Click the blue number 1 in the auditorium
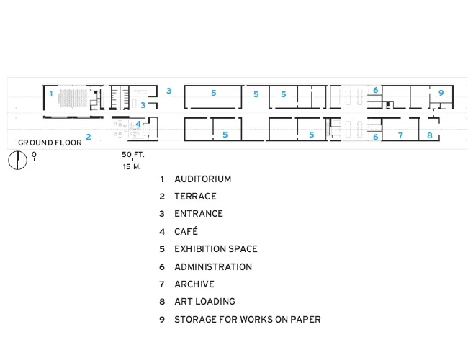[51, 94]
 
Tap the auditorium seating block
[73, 98]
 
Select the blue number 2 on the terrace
[89, 137]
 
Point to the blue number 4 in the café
[138, 124]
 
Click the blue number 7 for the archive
[400, 135]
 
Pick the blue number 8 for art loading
[430, 135]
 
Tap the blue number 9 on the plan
[441, 93]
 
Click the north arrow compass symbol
[17, 161]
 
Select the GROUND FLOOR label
[50, 143]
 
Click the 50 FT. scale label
[132, 155]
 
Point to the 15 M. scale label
[132, 166]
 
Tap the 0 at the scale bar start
[35, 154]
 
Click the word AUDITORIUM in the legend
[202, 179]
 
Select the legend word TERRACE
[196, 197]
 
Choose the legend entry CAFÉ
[186, 231]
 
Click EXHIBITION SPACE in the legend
[216, 249]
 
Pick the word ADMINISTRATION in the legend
[213, 267]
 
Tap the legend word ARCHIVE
[194, 284]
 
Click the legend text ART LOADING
[204, 302]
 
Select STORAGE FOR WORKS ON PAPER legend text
[248, 320]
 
